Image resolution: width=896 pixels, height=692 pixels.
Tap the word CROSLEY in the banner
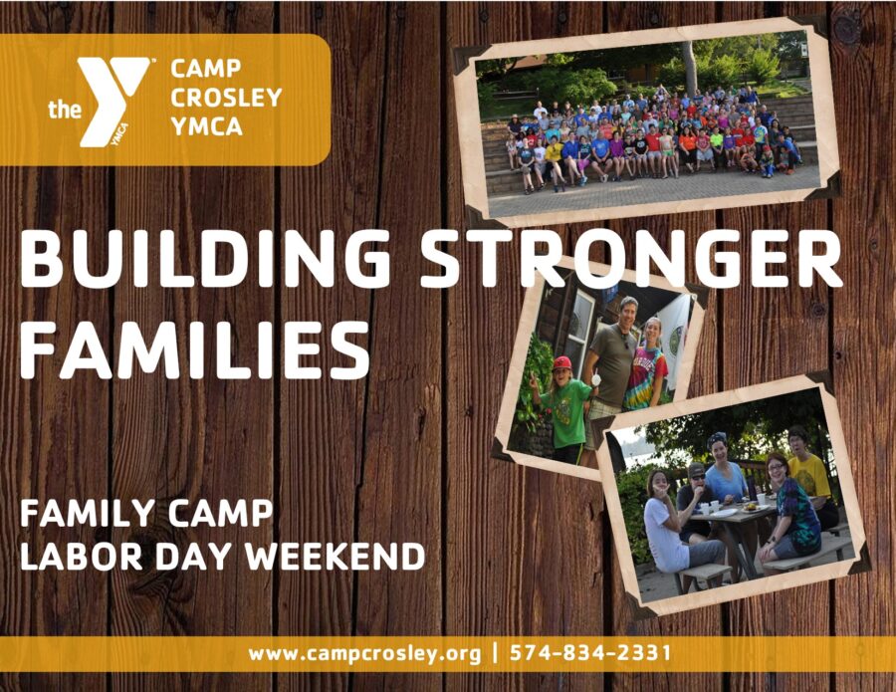pyautogui.click(x=226, y=98)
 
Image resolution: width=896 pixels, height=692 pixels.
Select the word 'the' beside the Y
pyautogui.click(x=64, y=110)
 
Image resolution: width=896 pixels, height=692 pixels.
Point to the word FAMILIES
pyautogui.click(x=194, y=349)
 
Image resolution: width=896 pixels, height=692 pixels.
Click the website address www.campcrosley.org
pyautogui.click(x=364, y=653)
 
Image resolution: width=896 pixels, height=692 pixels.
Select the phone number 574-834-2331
pyautogui.click(x=590, y=652)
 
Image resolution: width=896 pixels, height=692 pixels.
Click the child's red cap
pyautogui.click(x=561, y=364)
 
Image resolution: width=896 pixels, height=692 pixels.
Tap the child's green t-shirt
pyautogui.click(x=566, y=407)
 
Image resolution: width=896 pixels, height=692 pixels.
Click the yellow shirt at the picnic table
pyautogui.click(x=809, y=475)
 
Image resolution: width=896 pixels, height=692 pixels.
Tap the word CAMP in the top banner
pyautogui.click(x=206, y=69)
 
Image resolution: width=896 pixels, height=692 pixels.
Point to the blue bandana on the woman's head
pyautogui.click(x=716, y=439)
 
